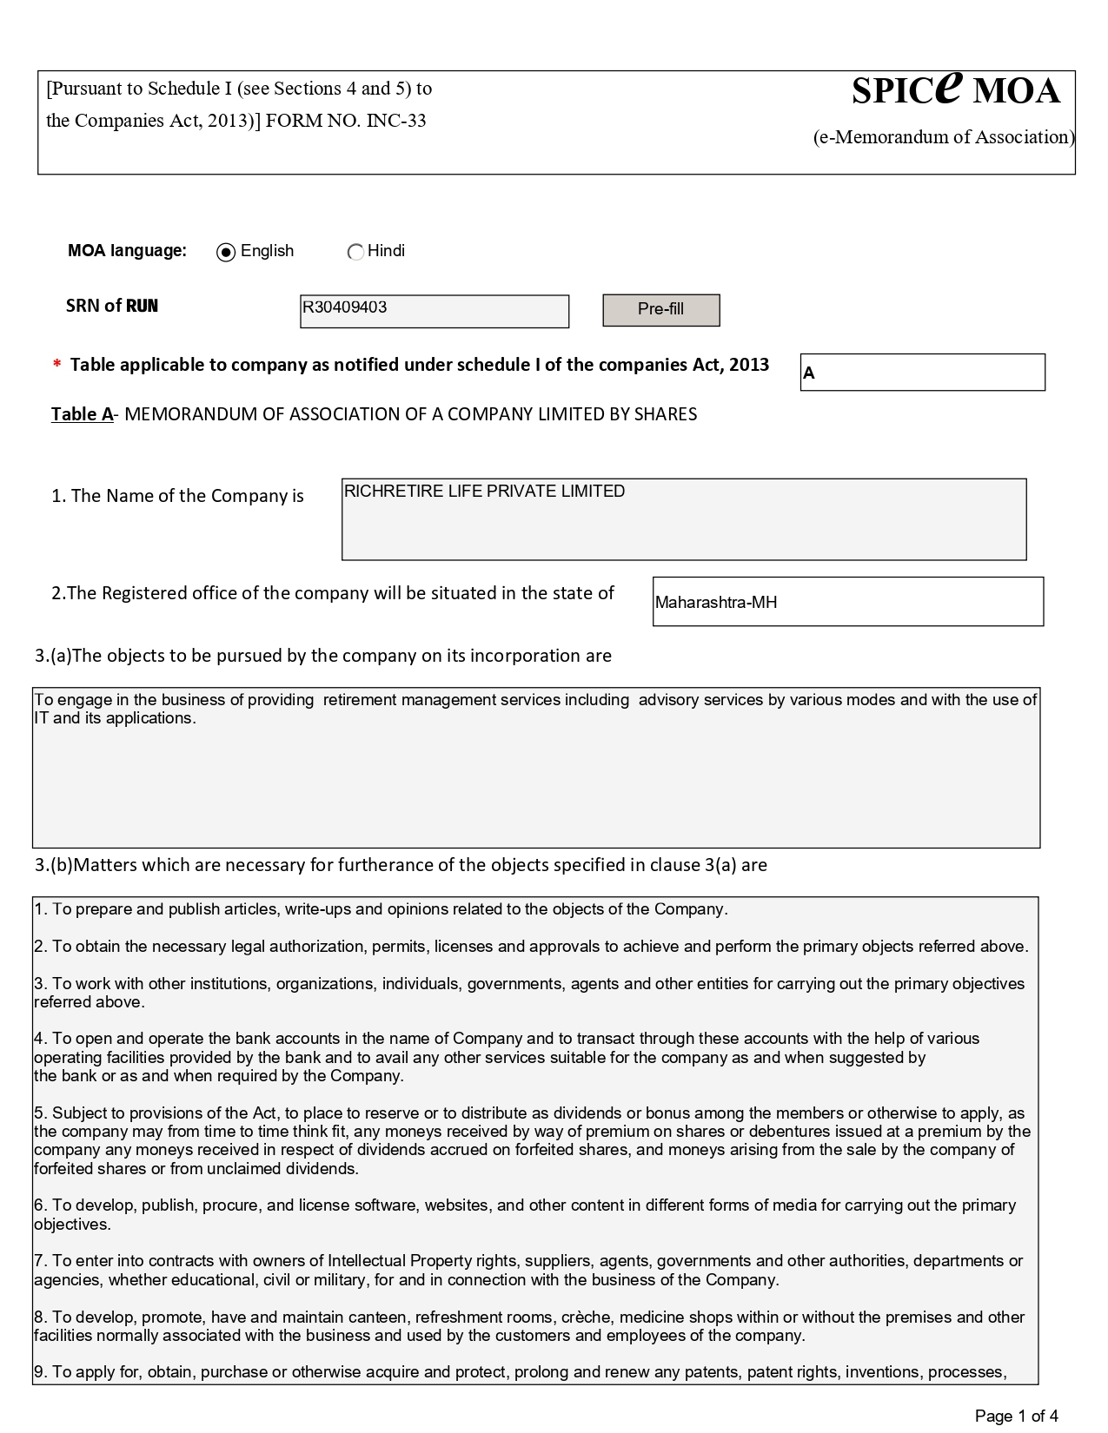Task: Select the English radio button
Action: point(226,253)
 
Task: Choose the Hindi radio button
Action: point(355,253)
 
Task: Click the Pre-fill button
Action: point(660,310)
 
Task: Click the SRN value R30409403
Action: point(345,307)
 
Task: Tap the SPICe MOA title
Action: point(955,89)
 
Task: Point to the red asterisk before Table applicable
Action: point(57,366)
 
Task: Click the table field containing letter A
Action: point(921,373)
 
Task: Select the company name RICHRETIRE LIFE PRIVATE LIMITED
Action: point(484,492)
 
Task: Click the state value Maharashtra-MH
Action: point(716,603)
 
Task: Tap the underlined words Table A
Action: point(82,414)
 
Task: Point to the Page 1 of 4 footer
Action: point(1016,1416)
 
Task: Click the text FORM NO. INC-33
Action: point(346,121)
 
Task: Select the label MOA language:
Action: point(127,251)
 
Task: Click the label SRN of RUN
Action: point(112,306)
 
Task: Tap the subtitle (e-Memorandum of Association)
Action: point(944,137)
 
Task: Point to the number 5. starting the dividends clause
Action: point(40,1113)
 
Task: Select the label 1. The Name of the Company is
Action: point(177,496)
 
